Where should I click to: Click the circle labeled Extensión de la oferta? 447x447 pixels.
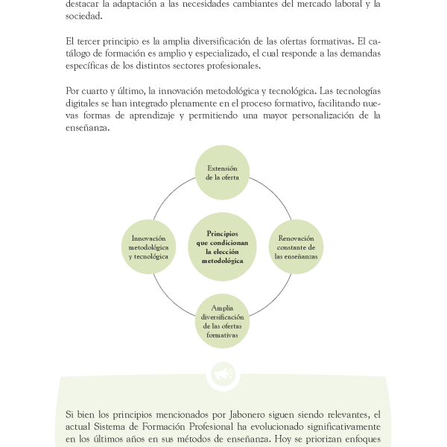[222, 173]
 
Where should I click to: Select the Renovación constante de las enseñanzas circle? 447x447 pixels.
[296, 247]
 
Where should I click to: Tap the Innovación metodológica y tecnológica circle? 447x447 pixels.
[148, 247]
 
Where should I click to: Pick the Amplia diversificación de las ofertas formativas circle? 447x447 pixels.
[222, 321]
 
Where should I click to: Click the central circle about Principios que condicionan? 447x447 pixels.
[222, 247]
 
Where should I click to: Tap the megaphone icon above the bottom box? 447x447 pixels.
[222, 375]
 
